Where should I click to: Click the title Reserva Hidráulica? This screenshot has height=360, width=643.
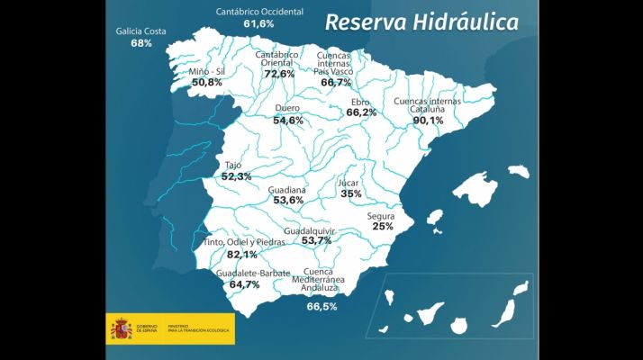(421, 22)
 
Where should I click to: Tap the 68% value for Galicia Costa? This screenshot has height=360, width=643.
(140, 43)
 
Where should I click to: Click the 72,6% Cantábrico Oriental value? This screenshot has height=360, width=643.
(279, 74)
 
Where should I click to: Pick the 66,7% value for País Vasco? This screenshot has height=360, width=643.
(336, 82)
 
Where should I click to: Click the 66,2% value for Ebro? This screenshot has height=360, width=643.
(361, 113)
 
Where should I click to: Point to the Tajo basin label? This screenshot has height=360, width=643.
(232, 166)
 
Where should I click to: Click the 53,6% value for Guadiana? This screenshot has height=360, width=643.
(287, 201)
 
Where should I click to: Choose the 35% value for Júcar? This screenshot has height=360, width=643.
(350, 194)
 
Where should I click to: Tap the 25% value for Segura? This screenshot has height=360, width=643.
(383, 227)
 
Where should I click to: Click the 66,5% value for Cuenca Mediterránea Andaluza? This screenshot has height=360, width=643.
(321, 307)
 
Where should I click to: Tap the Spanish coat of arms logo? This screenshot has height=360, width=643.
(120, 328)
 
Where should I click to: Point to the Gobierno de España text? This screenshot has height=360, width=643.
(147, 328)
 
